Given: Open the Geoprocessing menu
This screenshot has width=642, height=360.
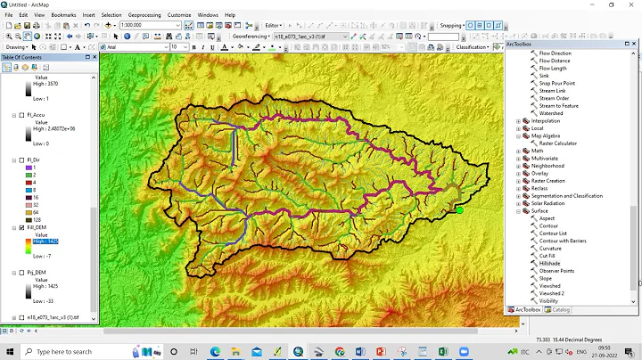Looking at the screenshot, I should coord(144,15).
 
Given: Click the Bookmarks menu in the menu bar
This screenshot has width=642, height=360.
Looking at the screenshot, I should coord(63,15).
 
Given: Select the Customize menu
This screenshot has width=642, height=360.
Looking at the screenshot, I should coord(179,15).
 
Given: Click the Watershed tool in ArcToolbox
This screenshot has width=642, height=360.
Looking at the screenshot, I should coord(551,113).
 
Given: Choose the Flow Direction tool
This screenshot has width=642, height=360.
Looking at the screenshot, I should coord(555,53).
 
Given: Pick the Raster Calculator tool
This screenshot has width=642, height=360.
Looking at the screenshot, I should coord(558,143).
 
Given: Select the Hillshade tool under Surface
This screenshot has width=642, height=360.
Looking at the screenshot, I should coord(551,263).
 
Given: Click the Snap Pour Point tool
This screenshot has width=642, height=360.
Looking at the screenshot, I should coord(556,83).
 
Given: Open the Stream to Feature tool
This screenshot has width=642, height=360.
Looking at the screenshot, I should coord(558,106).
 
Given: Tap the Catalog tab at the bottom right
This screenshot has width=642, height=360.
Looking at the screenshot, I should coord(561,310).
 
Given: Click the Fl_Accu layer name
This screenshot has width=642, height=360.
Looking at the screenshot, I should coord(36,115).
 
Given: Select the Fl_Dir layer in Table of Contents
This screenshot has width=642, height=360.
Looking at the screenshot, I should coord(34,160).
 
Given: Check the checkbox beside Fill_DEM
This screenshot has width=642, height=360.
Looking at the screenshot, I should coord(13,228).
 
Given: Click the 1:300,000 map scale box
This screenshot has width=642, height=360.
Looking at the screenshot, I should coord(147,26).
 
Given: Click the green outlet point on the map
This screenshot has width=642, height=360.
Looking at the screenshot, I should coord(460,210).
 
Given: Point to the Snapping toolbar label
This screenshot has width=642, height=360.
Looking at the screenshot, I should coord(450,26).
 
